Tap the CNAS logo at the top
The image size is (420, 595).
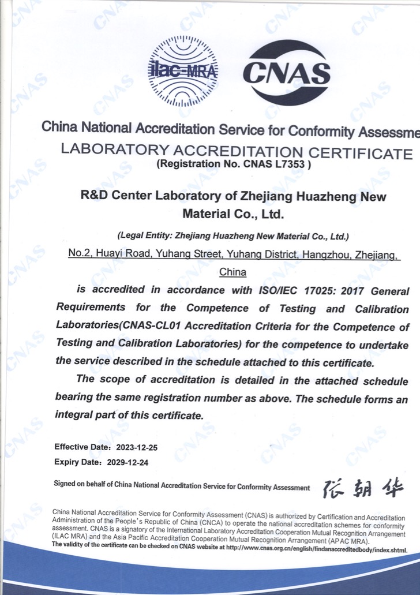point(287,73)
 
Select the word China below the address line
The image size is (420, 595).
point(233,272)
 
